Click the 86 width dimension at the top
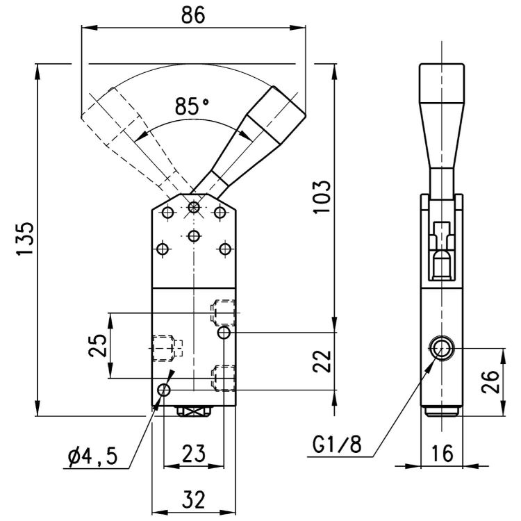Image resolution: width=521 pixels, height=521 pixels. point(193,15)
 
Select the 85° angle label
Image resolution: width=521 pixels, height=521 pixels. point(192,107)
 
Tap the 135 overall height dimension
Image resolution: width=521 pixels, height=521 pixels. point(24,240)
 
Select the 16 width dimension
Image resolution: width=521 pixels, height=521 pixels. point(442,454)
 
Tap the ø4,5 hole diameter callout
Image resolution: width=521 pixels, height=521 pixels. point(93,456)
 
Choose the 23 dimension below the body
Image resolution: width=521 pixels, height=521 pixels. point(194,454)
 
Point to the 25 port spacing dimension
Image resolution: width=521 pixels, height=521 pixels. point(97,346)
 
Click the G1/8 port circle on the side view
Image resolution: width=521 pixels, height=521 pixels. point(440,349)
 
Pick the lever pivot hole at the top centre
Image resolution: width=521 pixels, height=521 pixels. point(194,207)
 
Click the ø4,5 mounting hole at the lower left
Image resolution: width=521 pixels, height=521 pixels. point(163,390)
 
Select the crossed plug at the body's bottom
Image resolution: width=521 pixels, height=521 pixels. point(194,411)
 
